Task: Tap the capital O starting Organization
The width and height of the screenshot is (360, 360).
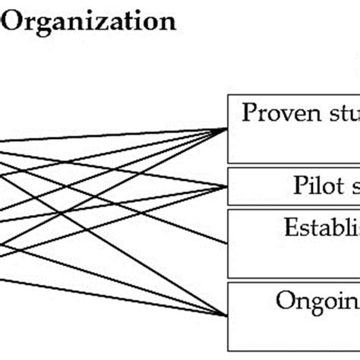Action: click(13, 21)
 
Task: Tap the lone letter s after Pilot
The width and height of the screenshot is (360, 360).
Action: click(353, 186)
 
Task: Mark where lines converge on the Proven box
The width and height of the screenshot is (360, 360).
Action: click(229, 128)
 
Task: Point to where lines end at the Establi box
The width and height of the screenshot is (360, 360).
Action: click(229, 243)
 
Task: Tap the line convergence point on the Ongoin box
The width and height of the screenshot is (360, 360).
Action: click(229, 314)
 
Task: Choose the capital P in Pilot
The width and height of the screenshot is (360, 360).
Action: click(298, 185)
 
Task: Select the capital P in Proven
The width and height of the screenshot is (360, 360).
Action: click(249, 113)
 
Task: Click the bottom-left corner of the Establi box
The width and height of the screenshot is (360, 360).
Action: click(229, 276)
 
